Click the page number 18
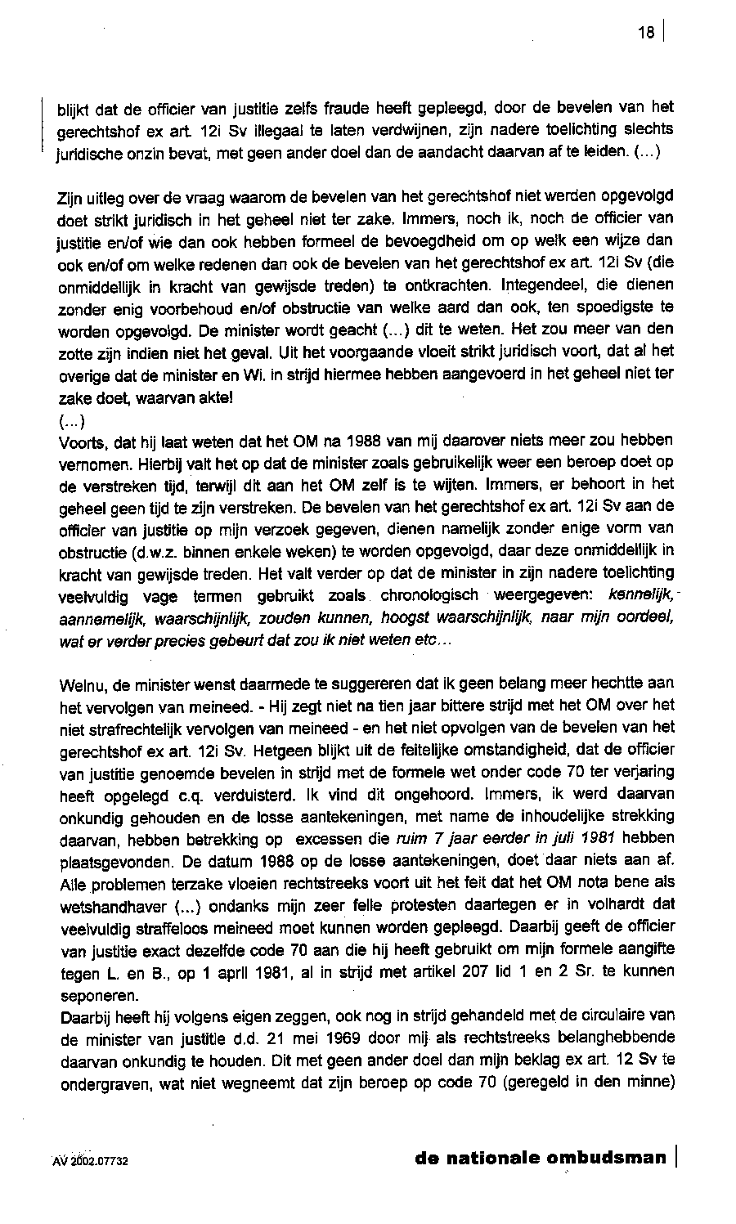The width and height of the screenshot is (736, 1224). tap(648, 33)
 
